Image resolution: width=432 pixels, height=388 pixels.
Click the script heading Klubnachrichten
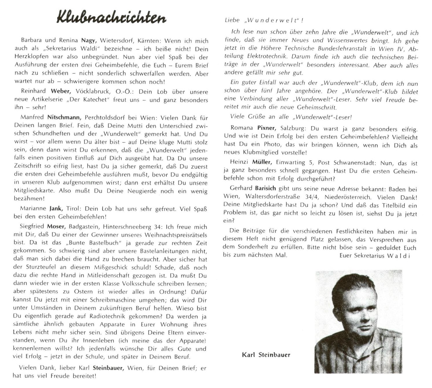click(x=111, y=18)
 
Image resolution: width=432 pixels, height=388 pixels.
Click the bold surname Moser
click(x=58, y=227)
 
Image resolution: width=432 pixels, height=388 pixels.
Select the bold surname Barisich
click(x=266, y=189)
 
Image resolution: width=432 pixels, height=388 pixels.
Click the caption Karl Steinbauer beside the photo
click(x=266, y=355)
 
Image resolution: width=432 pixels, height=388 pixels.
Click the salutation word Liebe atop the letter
click(x=232, y=20)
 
